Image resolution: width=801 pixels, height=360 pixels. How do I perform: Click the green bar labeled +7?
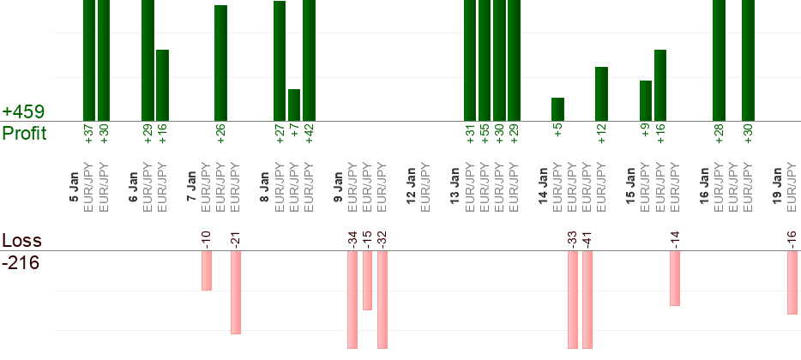pyautogui.click(x=294, y=105)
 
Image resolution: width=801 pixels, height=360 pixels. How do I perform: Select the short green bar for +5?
pyautogui.click(x=557, y=109)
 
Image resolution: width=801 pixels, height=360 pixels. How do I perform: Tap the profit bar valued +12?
pyautogui.click(x=601, y=93)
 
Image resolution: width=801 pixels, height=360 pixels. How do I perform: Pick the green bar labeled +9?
pyautogui.click(x=646, y=100)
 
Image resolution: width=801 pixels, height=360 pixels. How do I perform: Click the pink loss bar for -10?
pyautogui.click(x=207, y=270)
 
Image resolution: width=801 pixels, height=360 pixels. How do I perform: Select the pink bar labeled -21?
pyautogui.click(x=236, y=291)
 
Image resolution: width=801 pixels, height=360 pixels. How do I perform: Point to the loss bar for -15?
pyautogui.click(x=367, y=279)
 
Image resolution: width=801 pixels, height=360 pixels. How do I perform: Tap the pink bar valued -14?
pyautogui.click(x=675, y=278)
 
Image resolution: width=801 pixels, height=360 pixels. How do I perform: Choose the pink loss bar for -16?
pyautogui.click(x=792, y=282)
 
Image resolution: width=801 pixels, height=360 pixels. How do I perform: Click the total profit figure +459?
pyautogui.click(x=23, y=112)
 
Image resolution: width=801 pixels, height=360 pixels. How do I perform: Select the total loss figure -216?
pyautogui.click(x=21, y=263)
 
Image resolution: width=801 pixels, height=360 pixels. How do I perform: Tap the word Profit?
pyautogui.click(x=24, y=134)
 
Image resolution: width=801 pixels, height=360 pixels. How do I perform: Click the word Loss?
pyautogui.click(x=21, y=241)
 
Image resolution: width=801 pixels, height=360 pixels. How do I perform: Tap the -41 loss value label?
pyautogui.click(x=587, y=237)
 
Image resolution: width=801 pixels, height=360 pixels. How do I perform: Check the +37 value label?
pyautogui.click(x=89, y=135)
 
